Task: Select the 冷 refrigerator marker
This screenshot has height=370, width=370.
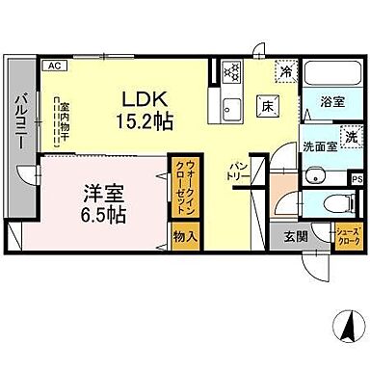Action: point(287,69)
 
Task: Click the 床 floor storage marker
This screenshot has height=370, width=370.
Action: point(267,106)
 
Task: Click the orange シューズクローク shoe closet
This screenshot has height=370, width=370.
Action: point(347,237)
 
